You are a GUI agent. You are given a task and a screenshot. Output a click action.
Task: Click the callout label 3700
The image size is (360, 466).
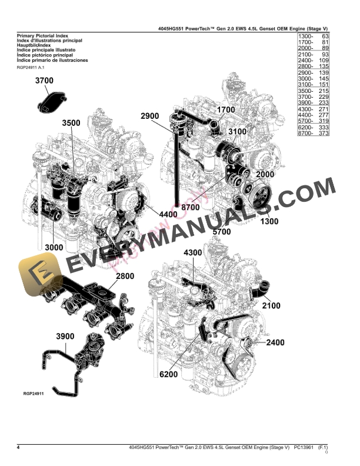point(45,81)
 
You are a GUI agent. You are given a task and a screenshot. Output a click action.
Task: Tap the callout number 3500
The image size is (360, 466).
point(72,124)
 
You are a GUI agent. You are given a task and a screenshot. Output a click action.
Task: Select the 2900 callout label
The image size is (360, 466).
point(150,116)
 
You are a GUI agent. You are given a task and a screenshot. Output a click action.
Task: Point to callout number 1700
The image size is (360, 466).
point(226,109)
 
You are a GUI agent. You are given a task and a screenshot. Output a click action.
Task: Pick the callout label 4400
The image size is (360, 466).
point(167,214)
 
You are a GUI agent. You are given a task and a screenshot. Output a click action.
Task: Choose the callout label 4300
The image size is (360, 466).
point(193,252)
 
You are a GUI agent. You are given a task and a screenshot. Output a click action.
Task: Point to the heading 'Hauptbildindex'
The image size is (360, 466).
point(38,46)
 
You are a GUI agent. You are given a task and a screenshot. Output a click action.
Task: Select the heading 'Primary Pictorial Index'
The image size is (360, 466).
point(44,36)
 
